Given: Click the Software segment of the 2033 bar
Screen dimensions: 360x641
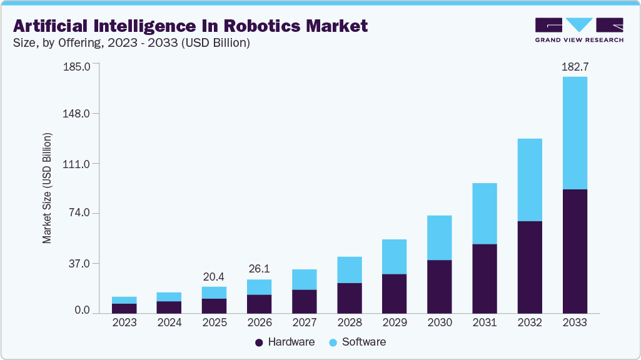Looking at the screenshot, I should point(575,132).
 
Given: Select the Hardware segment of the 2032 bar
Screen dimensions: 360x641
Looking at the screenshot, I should point(530,267).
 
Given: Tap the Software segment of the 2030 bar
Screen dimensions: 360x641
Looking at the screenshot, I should point(439,237).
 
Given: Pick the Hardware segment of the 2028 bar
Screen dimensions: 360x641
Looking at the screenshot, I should point(349,297).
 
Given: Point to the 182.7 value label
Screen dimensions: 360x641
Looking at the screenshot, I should point(575,66).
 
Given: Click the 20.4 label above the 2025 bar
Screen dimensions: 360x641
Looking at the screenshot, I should point(214,276).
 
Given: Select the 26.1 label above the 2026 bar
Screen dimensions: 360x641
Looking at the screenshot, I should point(259,269).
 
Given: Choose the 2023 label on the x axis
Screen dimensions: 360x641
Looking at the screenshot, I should point(124,322).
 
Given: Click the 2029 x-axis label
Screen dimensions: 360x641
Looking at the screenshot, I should point(394,322).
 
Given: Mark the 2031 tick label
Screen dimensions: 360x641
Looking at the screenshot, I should point(484,322).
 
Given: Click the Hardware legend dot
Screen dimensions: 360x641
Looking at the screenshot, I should point(259,342).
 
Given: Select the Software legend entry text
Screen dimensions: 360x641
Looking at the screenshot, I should point(363,342).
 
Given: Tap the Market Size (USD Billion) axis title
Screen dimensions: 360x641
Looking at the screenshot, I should point(47,187).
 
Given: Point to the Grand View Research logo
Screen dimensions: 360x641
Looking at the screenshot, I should point(578,29).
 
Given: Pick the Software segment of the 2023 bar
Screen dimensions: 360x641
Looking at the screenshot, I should point(124,300).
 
